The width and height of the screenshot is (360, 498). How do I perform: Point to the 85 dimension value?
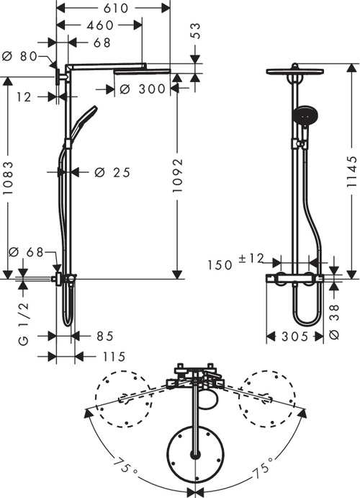[104, 336]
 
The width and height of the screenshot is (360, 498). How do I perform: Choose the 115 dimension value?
[111, 356]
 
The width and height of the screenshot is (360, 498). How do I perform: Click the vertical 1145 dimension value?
[350, 173]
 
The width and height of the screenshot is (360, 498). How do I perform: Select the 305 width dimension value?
[295, 337]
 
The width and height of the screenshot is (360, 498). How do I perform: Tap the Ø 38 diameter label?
[333, 316]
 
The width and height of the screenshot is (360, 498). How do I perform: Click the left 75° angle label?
[127, 468]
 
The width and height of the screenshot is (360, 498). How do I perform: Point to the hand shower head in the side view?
[302, 115]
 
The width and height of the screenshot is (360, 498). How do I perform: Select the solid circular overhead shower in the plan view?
[194, 453]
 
